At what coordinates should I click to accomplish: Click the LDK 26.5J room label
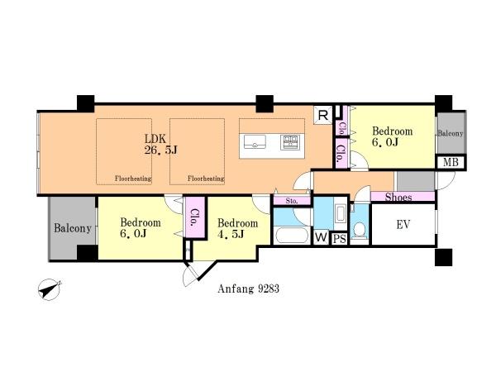point(160,144)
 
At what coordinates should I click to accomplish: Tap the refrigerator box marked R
point(323,115)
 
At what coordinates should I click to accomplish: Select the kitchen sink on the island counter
point(255,141)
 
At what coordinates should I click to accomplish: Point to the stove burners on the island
point(290,142)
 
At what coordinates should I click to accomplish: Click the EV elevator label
point(403,225)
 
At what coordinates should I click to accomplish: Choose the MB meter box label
point(451,162)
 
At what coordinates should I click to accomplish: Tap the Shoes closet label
point(398,198)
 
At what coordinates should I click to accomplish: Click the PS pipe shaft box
point(340,239)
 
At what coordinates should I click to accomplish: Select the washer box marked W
point(321,237)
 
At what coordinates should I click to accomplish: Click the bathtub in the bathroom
point(292,236)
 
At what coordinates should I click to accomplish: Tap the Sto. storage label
point(292,201)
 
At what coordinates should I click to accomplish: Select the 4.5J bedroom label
point(237,229)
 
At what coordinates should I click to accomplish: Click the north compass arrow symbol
point(50,289)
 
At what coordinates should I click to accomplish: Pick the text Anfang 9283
point(248,289)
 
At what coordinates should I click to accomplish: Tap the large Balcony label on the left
point(73,228)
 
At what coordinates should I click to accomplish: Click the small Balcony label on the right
point(451,133)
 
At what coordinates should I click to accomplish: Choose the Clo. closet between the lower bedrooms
point(195,217)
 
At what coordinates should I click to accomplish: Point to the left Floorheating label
point(133,179)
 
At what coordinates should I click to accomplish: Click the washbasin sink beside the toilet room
point(340,214)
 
